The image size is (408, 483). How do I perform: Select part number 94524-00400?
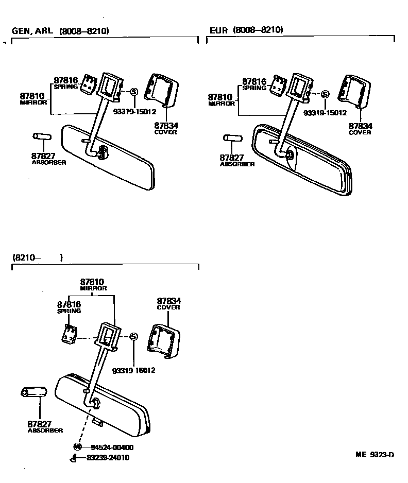coord(112,447)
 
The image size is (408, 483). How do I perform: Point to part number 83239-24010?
coord(108,457)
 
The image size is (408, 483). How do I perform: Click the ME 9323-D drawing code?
coord(375,455)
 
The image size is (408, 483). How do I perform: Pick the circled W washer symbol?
coord(77,447)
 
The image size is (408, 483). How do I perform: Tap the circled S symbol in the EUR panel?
coord(325,94)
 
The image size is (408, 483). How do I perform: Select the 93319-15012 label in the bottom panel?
coord(134,370)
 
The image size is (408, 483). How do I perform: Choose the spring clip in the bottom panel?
coord(69,334)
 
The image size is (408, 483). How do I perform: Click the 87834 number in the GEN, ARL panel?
coord(165,125)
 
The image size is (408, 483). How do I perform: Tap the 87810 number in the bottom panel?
coord(92,282)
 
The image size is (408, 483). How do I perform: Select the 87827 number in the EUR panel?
coord(231,158)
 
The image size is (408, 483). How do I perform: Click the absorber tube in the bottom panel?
coord(34,394)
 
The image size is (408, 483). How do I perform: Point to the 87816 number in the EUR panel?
coord(254,81)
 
